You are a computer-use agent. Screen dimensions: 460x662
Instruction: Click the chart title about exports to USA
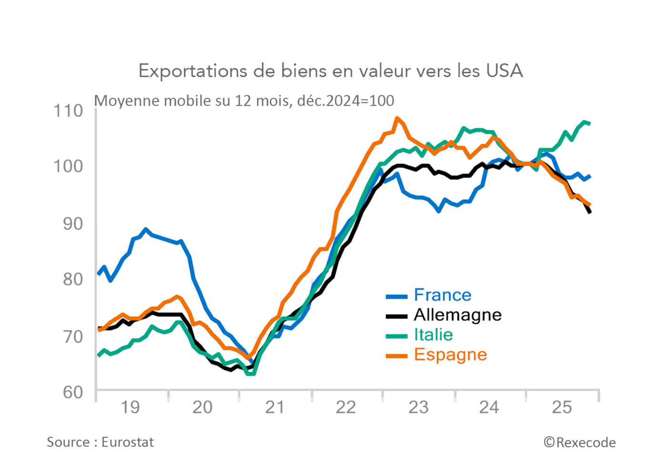pyautogui.click(x=331, y=71)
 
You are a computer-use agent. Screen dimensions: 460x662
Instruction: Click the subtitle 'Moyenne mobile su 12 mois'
pyautogui.click(x=244, y=101)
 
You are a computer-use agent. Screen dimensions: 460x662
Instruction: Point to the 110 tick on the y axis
pyautogui.click(x=68, y=111)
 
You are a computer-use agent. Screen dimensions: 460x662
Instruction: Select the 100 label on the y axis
pyautogui.click(x=68, y=166)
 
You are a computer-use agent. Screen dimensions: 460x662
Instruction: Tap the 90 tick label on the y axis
pyautogui.click(x=73, y=223)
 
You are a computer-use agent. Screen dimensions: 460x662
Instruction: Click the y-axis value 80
pyautogui.click(x=73, y=279)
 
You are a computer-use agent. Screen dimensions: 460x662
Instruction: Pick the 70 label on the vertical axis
pyautogui.click(x=73, y=336)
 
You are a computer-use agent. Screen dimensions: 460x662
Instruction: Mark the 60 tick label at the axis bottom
pyautogui.click(x=73, y=392)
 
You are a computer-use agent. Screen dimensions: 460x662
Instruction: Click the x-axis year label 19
pyautogui.click(x=130, y=408)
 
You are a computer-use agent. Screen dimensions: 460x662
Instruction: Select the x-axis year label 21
pyautogui.click(x=275, y=408)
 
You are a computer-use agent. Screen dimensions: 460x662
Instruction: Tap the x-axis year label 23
pyautogui.click(x=419, y=408)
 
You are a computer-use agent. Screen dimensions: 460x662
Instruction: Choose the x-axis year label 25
pyautogui.click(x=562, y=408)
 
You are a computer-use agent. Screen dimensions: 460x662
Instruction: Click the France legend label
pyautogui.click(x=442, y=295)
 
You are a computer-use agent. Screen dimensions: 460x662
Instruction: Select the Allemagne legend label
pyautogui.click(x=458, y=315)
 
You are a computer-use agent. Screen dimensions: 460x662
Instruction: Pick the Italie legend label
pyautogui.click(x=433, y=335)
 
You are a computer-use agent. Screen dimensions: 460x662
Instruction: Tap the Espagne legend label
pyautogui.click(x=451, y=355)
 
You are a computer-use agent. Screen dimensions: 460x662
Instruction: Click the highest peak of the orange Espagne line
pyautogui.click(x=397, y=118)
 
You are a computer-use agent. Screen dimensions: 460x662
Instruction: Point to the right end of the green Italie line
pyautogui.click(x=590, y=123)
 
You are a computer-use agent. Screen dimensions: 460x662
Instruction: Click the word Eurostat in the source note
pyautogui.click(x=128, y=442)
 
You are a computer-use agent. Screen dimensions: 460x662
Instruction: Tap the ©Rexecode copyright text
pyautogui.click(x=580, y=443)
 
